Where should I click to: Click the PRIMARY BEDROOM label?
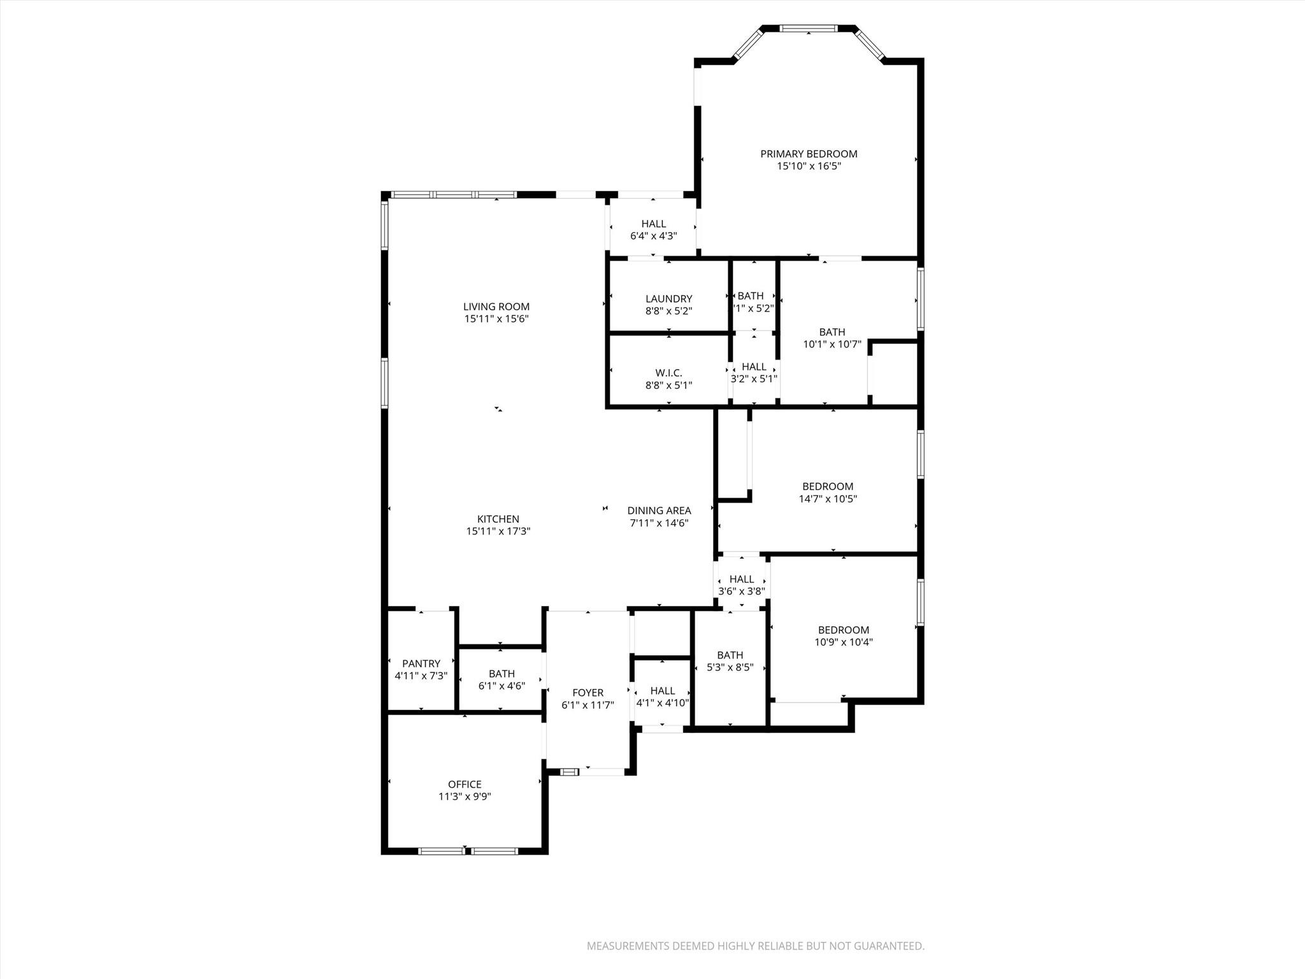pyautogui.click(x=809, y=154)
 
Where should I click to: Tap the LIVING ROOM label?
pyautogui.click(x=496, y=307)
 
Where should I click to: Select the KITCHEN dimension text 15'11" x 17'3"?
pyautogui.click(x=498, y=531)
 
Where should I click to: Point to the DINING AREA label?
pyautogui.click(x=659, y=511)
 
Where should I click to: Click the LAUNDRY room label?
pyautogui.click(x=668, y=299)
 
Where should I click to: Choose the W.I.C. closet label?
pyautogui.click(x=668, y=373)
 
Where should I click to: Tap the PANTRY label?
pyautogui.click(x=421, y=664)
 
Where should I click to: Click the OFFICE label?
pyautogui.click(x=465, y=785)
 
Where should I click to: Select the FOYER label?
pyautogui.click(x=588, y=693)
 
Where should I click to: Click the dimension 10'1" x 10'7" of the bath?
pyautogui.click(x=832, y=344)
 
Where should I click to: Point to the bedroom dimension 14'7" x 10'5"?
pyautogui.click(x=827, y=499)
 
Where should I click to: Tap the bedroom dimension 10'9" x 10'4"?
pyautogui.click(x=843, y=642)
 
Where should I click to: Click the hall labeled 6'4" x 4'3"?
pyautogui.click(x=653, y=229)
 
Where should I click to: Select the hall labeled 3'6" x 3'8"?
pyautogui.click(x=741, y=584)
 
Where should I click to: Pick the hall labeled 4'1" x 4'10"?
pyautogui.click(x=663, y=697)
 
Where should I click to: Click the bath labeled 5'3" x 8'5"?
pyautogui.click(x=730, y=661)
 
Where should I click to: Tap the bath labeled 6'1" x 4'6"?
pyautogui.click(x=501, y=679)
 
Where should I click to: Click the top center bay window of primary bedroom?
pyautogui.click(x=808, y=29)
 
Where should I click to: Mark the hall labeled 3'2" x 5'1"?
pyautogui.click(x=754, y=372)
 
